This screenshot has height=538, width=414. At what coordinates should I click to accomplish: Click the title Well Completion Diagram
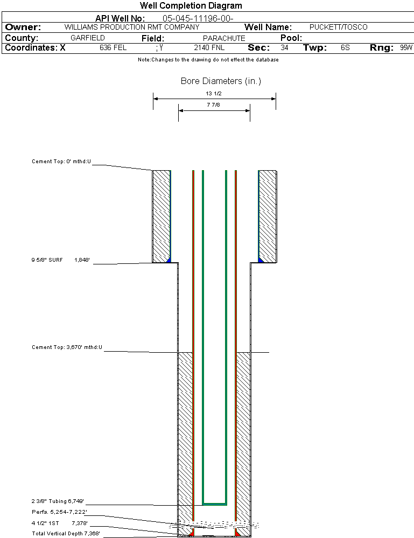tap(191, 6)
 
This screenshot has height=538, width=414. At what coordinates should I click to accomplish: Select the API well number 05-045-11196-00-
tap(198, 18)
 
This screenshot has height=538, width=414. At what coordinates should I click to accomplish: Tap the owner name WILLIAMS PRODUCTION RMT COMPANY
tap(131, 27)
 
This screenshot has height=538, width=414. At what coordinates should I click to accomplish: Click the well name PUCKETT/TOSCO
tap(339, 27)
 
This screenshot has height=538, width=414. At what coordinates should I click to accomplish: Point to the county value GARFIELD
tap(88, 38)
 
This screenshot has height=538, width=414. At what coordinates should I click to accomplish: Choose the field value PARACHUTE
tap(224, 38)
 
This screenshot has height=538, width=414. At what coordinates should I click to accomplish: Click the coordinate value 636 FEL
tap(113, 48)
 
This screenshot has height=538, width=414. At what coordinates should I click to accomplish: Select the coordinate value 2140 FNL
tap(209, 48)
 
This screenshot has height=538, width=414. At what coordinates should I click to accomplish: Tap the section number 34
tap(284, 48)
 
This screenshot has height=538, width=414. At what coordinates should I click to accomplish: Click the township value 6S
tap(345, 48)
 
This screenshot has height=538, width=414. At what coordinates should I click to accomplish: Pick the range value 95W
tap(406, 48)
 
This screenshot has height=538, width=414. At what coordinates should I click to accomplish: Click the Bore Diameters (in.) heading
tap(221, 81)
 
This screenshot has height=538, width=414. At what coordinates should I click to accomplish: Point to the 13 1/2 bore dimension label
tap(214, 93)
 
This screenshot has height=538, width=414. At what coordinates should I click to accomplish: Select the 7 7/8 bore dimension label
tap(214, 105)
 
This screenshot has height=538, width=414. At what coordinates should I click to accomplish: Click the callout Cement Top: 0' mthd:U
tap(61, 161)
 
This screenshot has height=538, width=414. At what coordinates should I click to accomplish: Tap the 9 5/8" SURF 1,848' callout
tap(60, 260)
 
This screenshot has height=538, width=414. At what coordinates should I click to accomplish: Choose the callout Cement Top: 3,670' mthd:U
tap(67, 347)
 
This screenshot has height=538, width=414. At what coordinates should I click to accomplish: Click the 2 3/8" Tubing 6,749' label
tap(58, 501)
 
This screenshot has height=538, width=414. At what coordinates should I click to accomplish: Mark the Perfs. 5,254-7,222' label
tap(59, 512)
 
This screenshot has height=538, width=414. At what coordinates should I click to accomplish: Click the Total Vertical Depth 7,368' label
tap(66, 533)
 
